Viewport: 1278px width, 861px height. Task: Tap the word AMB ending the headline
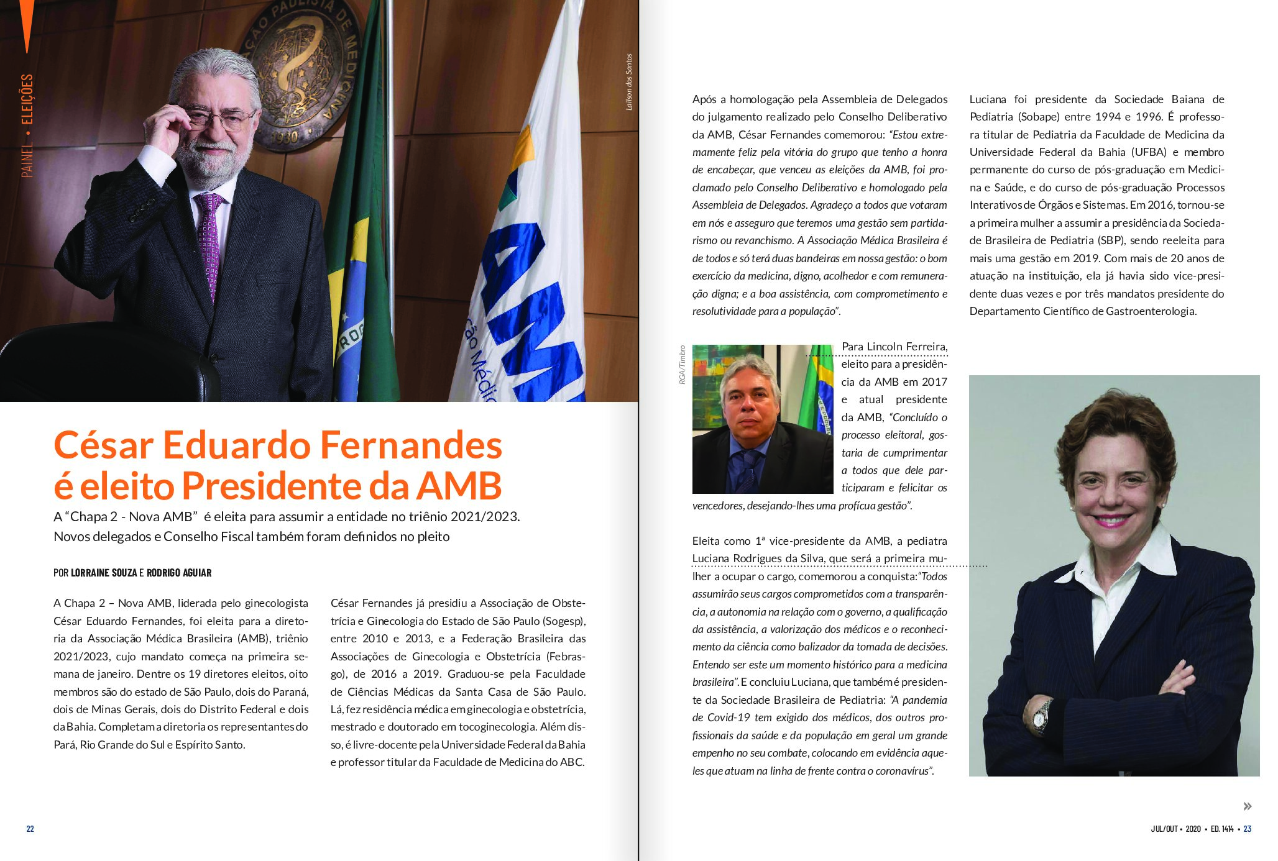[x=459, y=486]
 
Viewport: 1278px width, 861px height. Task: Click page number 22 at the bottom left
[x=30, y=829]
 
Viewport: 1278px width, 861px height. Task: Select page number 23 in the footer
[x=1247, y=829]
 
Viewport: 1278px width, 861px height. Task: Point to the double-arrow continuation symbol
[x=1247, y=806]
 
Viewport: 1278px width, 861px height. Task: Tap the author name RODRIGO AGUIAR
[x=179, y=573]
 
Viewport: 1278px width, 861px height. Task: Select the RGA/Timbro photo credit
[x=682, y=365]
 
